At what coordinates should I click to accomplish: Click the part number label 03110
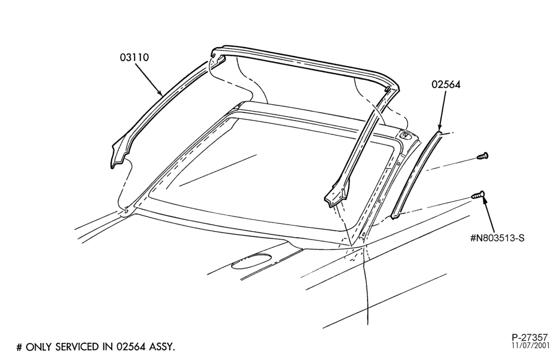pos(134,57)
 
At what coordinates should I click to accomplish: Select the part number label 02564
pos(446,84)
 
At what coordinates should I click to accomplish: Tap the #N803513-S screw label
pos(497,238)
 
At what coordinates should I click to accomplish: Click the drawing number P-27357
pos(530,338)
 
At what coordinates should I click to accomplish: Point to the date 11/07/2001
pos(530,346)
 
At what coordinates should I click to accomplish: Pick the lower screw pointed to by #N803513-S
pos(478,194)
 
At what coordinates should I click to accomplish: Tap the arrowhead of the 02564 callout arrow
pos(440,128)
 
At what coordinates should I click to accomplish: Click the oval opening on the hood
pos(251,261)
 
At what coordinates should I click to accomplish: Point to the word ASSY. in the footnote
pos(162,347)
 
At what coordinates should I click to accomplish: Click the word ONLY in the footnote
pos(39,347)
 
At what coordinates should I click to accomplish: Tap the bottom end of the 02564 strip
pos(396,215)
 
